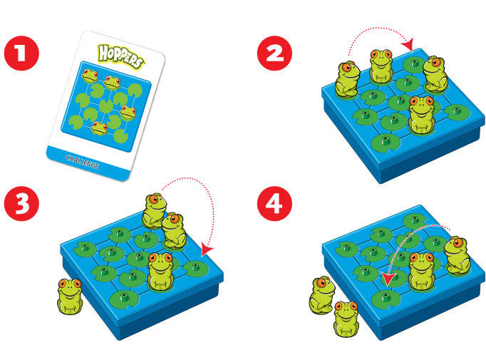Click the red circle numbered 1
pyautogui.click(x=21, y=53)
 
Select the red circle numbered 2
pyautogui.click(x=274, y=53)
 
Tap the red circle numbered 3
pyautogui.click(x=21, y=203)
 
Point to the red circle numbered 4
pyautogui.click(x=274, y=203)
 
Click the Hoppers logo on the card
pyautogui.click(x=120, y=56)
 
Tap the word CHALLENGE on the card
pyautogui.click(x=82, y=162)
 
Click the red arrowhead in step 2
pyautogui.click(x=409, y=46)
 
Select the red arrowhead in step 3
pyautogui.click(x=207, y=249)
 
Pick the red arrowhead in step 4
pyautogui.click(x=388, y=279)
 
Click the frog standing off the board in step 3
pyautogui.click(x=69, y=296)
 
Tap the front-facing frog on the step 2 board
pyautogui.click(x=421, y=115)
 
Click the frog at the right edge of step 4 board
pyautogui.click(x=457, y=255)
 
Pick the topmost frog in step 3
pyautogui.click(x=154, y=211)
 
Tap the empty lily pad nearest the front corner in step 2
pyautogui.click(x=386, y=142)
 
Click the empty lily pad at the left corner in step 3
pyautogui.click(x=85, y=249)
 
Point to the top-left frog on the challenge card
pyautogui.click(x=90, y=76)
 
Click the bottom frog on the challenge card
pyautogui.click(x=99, y=128)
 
